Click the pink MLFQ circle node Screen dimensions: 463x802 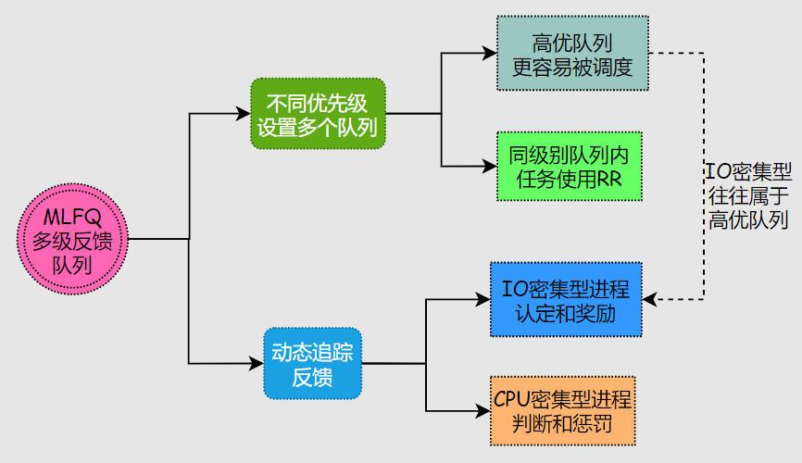click(73, 240)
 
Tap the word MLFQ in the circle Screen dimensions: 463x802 click(73, 217)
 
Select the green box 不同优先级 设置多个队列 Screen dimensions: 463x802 click(317, 114)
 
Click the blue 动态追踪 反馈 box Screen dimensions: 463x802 click(311, 363)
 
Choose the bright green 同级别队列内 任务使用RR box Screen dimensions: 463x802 click(569, 166)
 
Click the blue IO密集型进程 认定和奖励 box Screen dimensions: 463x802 click(565, 299)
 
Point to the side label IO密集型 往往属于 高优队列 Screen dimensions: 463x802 click(748, 194)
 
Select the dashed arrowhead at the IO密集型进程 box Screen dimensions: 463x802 click(648, 299)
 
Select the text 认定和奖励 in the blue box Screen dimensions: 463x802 click(565, 312)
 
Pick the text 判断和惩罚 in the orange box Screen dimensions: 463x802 click(563, 423)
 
